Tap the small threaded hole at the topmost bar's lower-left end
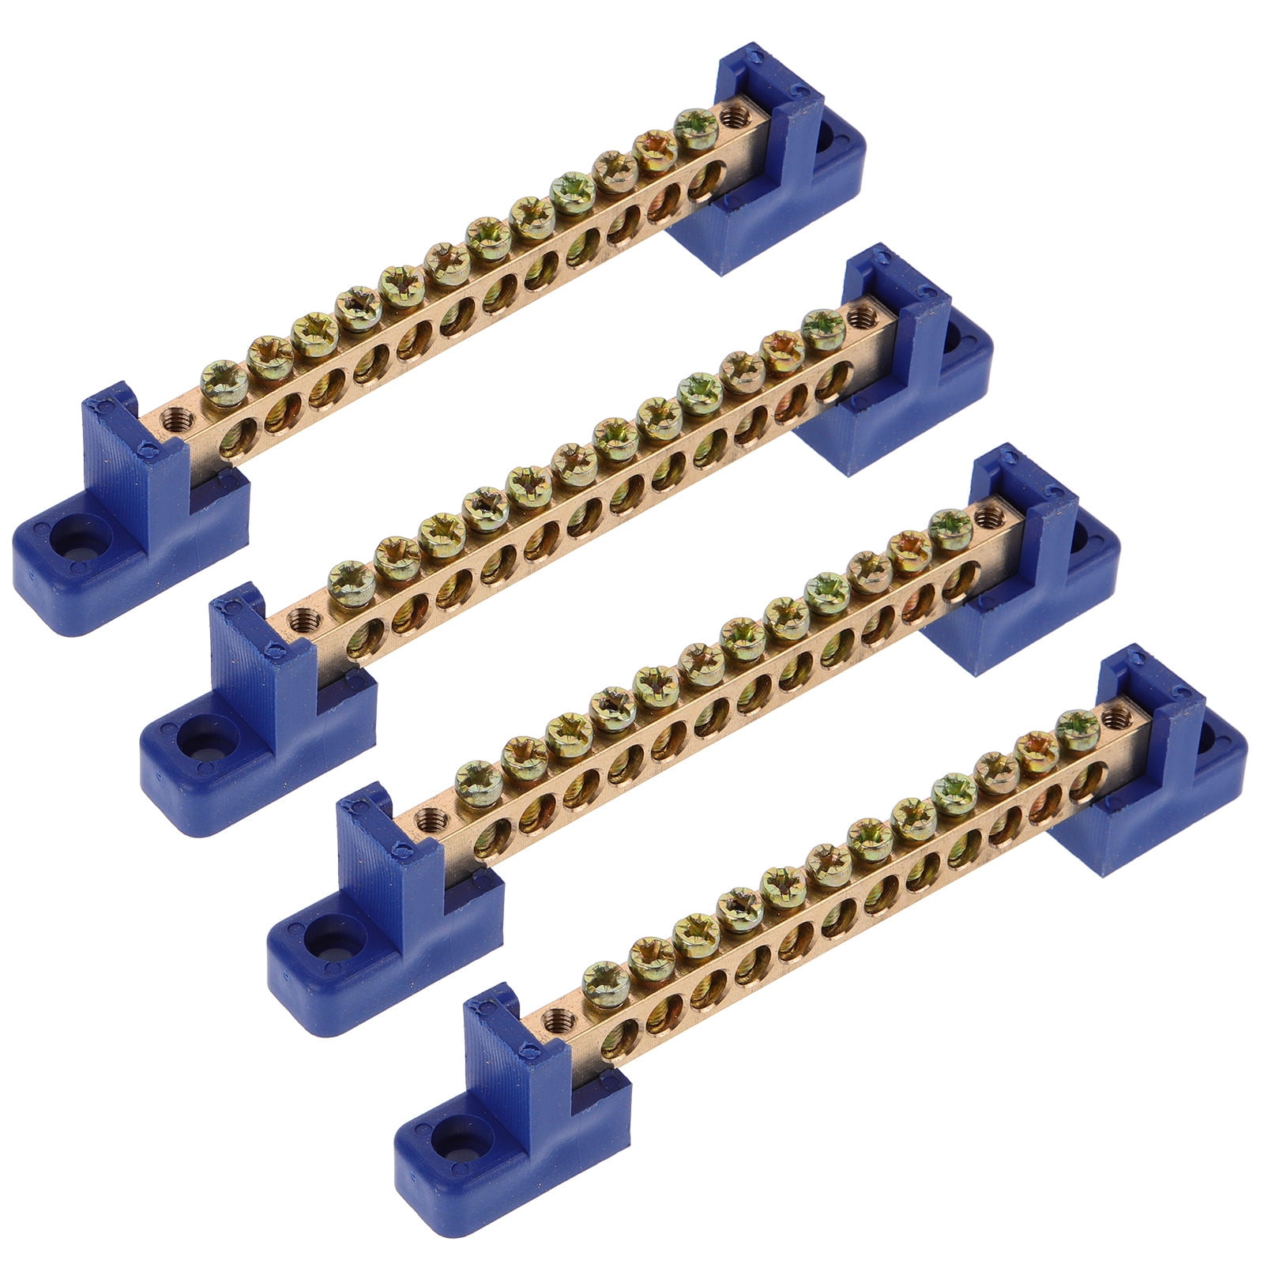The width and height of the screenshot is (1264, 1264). tap(170, 419)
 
